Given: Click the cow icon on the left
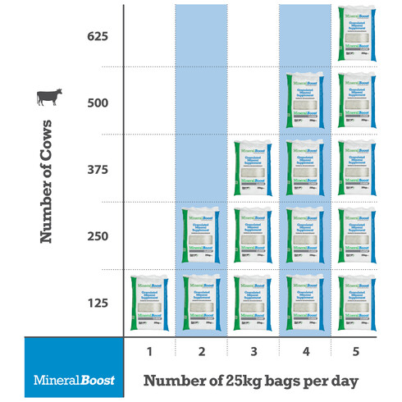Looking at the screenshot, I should point(48,99).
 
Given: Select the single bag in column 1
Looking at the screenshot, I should point(149,303).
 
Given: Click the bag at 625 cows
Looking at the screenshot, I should point(357,34).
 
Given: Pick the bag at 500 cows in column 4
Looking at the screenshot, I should point(305,102).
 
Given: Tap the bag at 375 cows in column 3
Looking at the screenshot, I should point(254,168).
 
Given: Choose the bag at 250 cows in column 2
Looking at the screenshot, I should point(202,235).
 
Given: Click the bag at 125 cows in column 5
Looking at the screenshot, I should point(357,303).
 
